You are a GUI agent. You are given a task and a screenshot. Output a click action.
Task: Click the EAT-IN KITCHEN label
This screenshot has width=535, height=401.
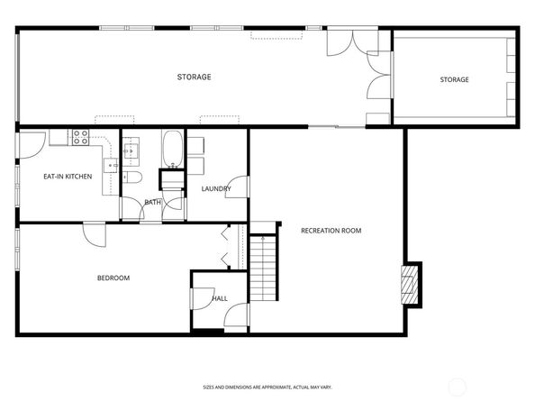68,177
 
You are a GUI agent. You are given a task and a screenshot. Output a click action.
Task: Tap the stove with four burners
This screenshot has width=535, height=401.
80,138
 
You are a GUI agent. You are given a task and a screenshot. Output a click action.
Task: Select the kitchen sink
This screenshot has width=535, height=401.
110,165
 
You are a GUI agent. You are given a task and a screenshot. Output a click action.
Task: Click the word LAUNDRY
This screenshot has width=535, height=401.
216,188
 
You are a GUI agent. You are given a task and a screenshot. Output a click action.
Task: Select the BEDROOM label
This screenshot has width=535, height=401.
113,278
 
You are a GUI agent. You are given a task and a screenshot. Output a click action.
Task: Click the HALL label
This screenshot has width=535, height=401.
220,298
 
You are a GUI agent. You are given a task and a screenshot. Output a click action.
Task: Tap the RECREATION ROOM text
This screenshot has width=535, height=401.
331,231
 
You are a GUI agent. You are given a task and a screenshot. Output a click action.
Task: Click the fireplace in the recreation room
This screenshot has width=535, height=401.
411,284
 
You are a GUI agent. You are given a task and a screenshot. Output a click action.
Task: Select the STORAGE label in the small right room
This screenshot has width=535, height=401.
454,80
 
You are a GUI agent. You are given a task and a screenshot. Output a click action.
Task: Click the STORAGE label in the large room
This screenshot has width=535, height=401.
194,77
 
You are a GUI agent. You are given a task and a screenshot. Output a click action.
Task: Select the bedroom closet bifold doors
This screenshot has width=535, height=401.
226,246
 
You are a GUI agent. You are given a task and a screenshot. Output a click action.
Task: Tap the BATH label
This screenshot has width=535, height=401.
152,202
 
